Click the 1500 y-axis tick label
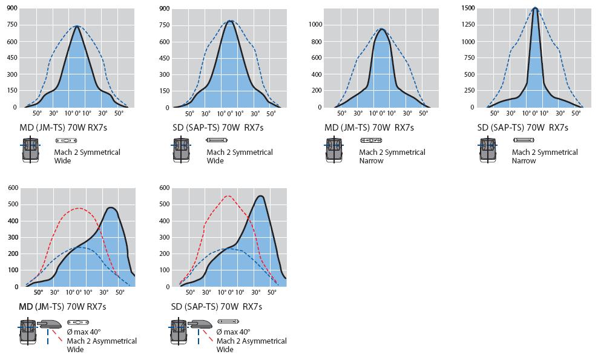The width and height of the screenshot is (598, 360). coord(467,8)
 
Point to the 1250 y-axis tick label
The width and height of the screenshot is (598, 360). coord(467,25)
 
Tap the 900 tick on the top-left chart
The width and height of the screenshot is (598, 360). coord(12,8)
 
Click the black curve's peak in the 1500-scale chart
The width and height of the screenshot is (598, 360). coord(535,8)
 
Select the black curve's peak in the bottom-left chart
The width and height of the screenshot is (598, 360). coord(111,208)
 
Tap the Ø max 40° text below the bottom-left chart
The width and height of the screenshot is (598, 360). coord(84,332)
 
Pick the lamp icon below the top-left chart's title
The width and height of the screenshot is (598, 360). coord(66,140)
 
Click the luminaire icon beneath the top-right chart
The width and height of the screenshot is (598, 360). coord(488,150)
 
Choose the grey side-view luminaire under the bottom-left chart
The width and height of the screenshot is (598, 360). coord(49,324)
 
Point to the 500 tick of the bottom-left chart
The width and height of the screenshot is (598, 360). coord(13,204)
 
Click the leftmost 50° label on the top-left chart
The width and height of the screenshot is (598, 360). coord(37,113)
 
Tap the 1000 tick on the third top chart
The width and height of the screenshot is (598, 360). coord(315,25)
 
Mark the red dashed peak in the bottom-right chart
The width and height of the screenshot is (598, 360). coord(228,195)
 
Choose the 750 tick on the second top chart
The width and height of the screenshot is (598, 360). coord(164,25)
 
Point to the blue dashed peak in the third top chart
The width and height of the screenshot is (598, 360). coord(382,28)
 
